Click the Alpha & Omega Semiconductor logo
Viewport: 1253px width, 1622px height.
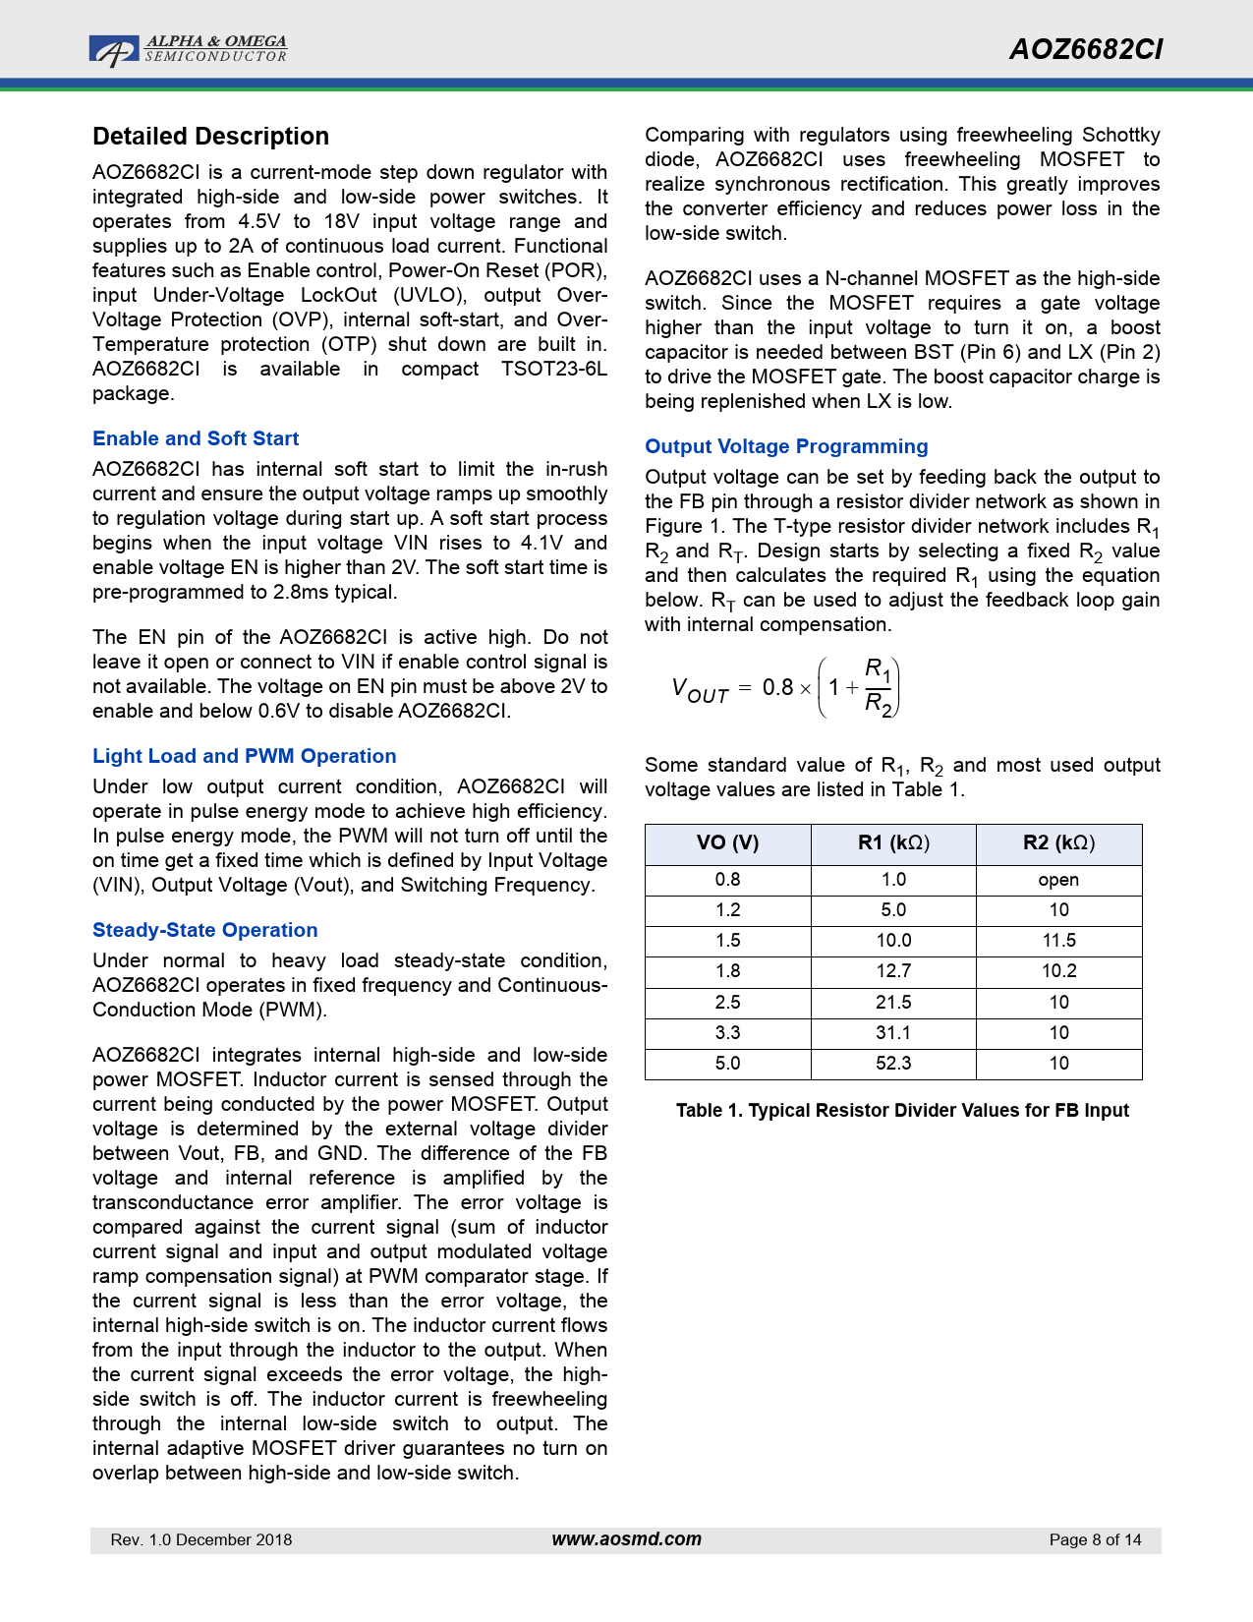coord(188,50)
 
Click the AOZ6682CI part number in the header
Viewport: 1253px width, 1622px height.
coord(1086,50)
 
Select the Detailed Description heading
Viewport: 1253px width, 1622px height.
coord(210,137)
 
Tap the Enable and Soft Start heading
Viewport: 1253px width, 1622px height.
coord(196,438)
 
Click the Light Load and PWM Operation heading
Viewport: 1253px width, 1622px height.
coord(245,756)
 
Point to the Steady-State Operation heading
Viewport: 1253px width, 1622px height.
coord(205,930)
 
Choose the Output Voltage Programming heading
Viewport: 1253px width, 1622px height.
coord(786,446)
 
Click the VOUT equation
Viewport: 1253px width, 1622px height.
coord(785,688)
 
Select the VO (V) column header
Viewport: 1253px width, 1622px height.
coord(727,843)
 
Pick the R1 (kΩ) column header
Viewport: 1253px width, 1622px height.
coord(893,843)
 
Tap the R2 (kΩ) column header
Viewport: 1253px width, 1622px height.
coord(1058,843)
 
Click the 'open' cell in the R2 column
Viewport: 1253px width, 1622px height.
coord(1058,880)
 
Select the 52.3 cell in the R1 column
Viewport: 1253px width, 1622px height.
coord(893,1064)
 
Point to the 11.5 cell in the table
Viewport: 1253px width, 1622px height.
coord(1058,941)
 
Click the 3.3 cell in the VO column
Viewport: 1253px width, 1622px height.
coord(727,1033)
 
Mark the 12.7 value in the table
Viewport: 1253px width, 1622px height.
coord(893,971)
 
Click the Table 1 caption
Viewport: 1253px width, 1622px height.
coord(902,1111)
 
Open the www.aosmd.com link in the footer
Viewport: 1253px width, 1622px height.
coord(626,1539)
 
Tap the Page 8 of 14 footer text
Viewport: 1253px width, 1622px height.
coord(1095,1540)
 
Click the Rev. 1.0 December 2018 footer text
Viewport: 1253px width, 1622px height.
coord(201,1540)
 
